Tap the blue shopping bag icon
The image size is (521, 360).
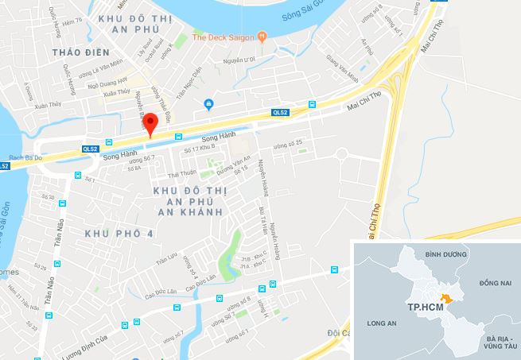(x=208, y=103)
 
